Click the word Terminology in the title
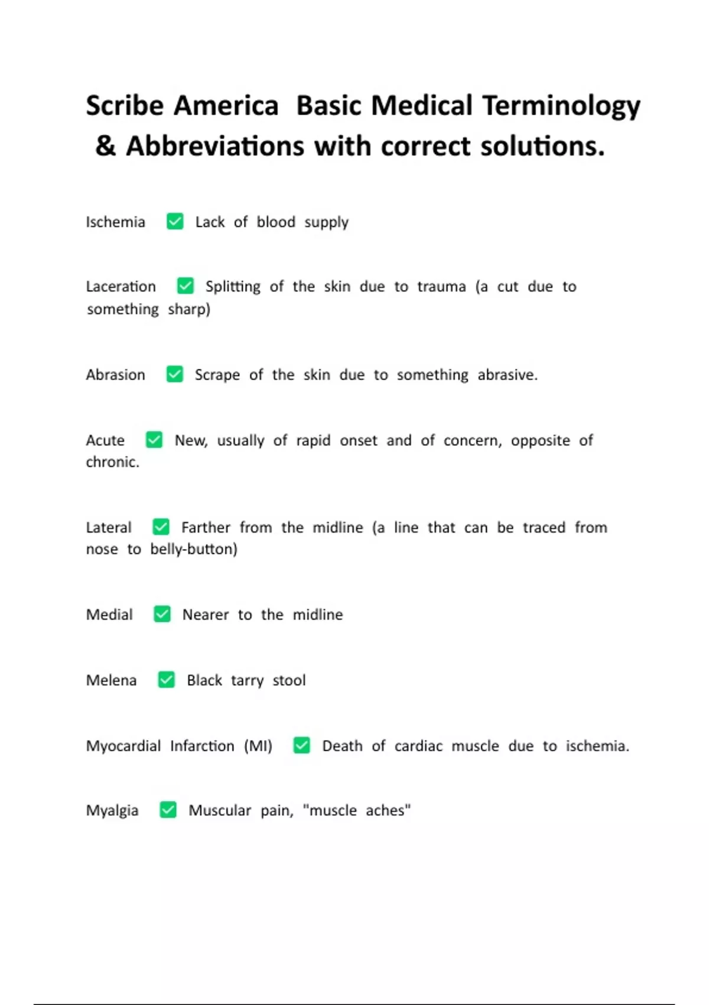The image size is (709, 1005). pos(561,106)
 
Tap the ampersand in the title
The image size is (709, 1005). pos(105,146)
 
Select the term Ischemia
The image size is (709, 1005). pos(115,222)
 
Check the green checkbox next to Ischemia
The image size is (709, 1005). pos(175,221)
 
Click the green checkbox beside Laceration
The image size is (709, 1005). pos(186,286)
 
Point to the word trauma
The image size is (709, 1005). pos(441,287)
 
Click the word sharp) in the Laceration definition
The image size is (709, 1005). pos(189,309)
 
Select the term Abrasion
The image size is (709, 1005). pos(115,375)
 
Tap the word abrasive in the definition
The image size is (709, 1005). pos(507,375)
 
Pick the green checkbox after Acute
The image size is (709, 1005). pos(154,440)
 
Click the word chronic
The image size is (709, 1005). pos(112,462)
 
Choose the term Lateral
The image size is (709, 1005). pos(109,527)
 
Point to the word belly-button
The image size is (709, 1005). pos(193,549)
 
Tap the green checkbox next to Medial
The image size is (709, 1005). pos(162,614)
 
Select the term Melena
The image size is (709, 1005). pos(111,680)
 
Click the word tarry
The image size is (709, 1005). pos(247,681)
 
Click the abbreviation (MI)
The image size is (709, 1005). pos(258,746)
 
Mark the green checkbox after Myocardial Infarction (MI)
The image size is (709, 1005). pos(301,745)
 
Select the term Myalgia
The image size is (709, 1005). pos(112,811)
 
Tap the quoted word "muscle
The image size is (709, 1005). pos(330,811)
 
